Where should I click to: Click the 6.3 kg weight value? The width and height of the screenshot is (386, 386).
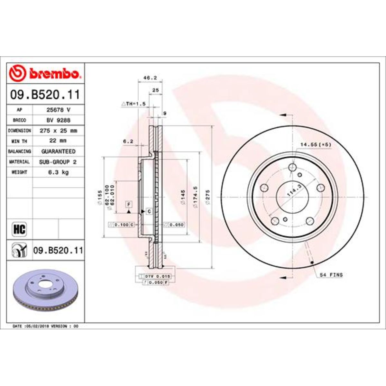pyautogui.click(x=58, y=172)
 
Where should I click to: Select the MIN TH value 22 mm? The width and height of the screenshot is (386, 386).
pyautogui.click(x=58, y=141)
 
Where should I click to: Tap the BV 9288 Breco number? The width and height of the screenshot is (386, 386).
pyautogui.click(x=58, y=120)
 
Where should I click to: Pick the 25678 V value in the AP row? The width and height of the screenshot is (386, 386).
pyautogui.click(x=58, y=110)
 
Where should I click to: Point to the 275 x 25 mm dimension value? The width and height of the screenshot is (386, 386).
pyautogui.click(x=58, y=131)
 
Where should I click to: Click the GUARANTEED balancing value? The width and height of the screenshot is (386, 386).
pyautogui.click(x=58, y=151)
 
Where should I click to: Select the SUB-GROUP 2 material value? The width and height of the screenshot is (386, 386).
pyautogui.click(x=58, y=162)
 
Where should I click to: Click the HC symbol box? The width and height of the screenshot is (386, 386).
pyautogui.click(x=20, y=229)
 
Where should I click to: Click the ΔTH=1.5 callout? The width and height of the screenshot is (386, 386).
pyautogui.click(x=133, y=104)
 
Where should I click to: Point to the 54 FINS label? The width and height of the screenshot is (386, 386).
pyautogui.click(x=331, y=275)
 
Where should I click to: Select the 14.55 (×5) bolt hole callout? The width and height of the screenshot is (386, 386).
pyautogui.click(x=316, y=145)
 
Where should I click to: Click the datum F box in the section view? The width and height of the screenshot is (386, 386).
pyautogui.click(x=129, y=204)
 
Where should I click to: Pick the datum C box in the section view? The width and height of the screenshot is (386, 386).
pyautogui.click(x=149, y=211)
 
